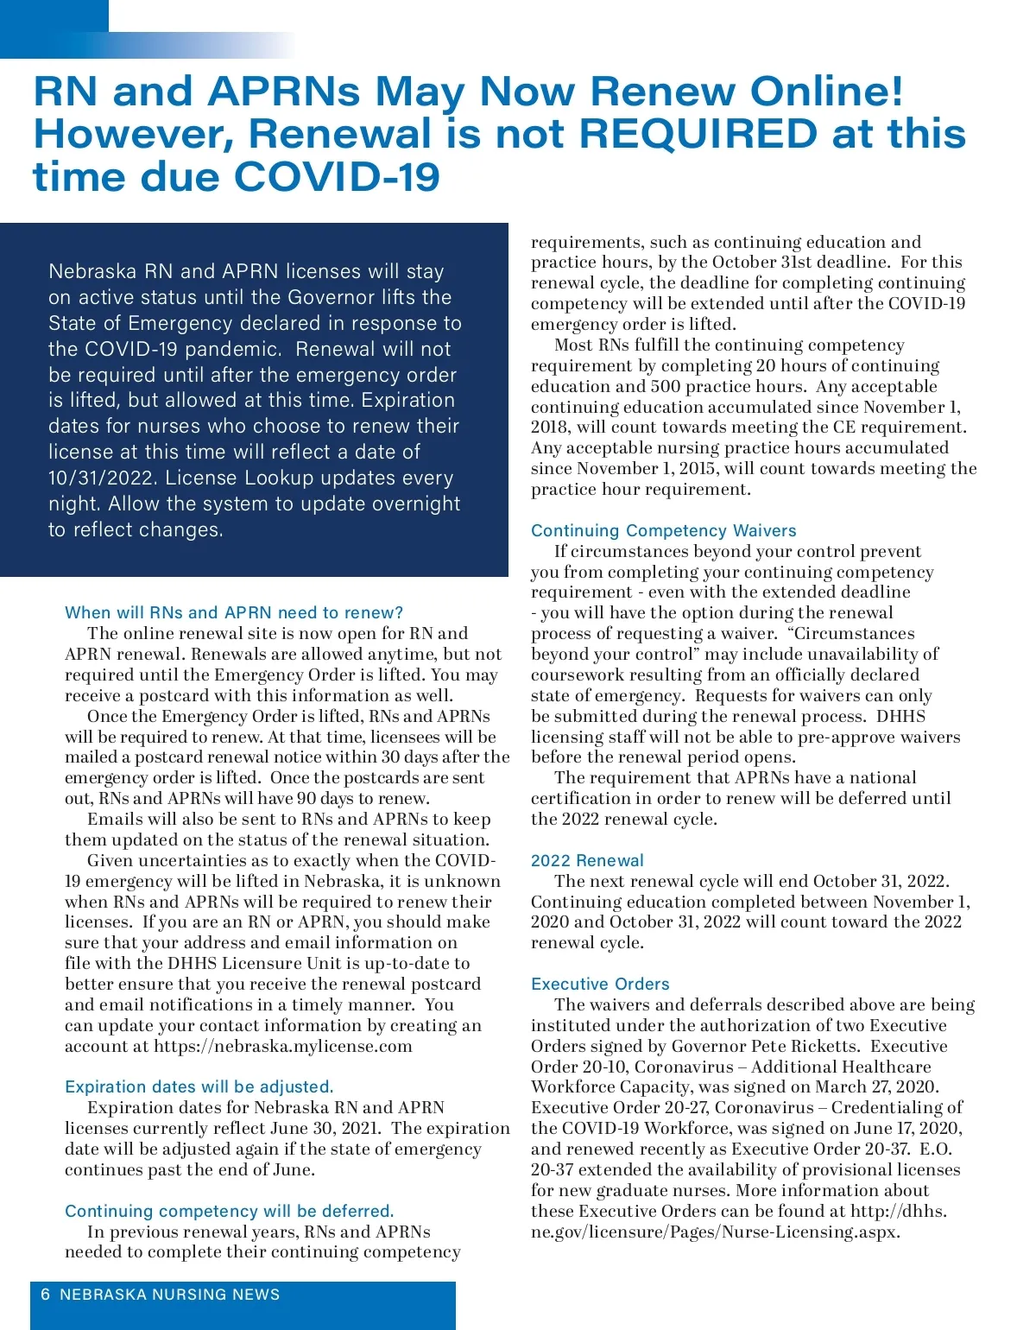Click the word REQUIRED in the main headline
(697, 134)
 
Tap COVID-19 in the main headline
(337, 177)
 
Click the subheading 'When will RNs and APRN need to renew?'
(234, 612)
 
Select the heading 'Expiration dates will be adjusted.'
(199, 1086)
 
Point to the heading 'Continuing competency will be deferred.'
(229, 1211)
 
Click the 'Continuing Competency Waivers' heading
(663, 530)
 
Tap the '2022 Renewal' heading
(587, 860)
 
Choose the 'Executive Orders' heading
(600, 984)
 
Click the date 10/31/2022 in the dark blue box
(103, 478)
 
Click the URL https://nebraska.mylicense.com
(283, 1046)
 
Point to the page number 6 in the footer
(46, 1295)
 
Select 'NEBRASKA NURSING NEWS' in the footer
(170, 1295)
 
